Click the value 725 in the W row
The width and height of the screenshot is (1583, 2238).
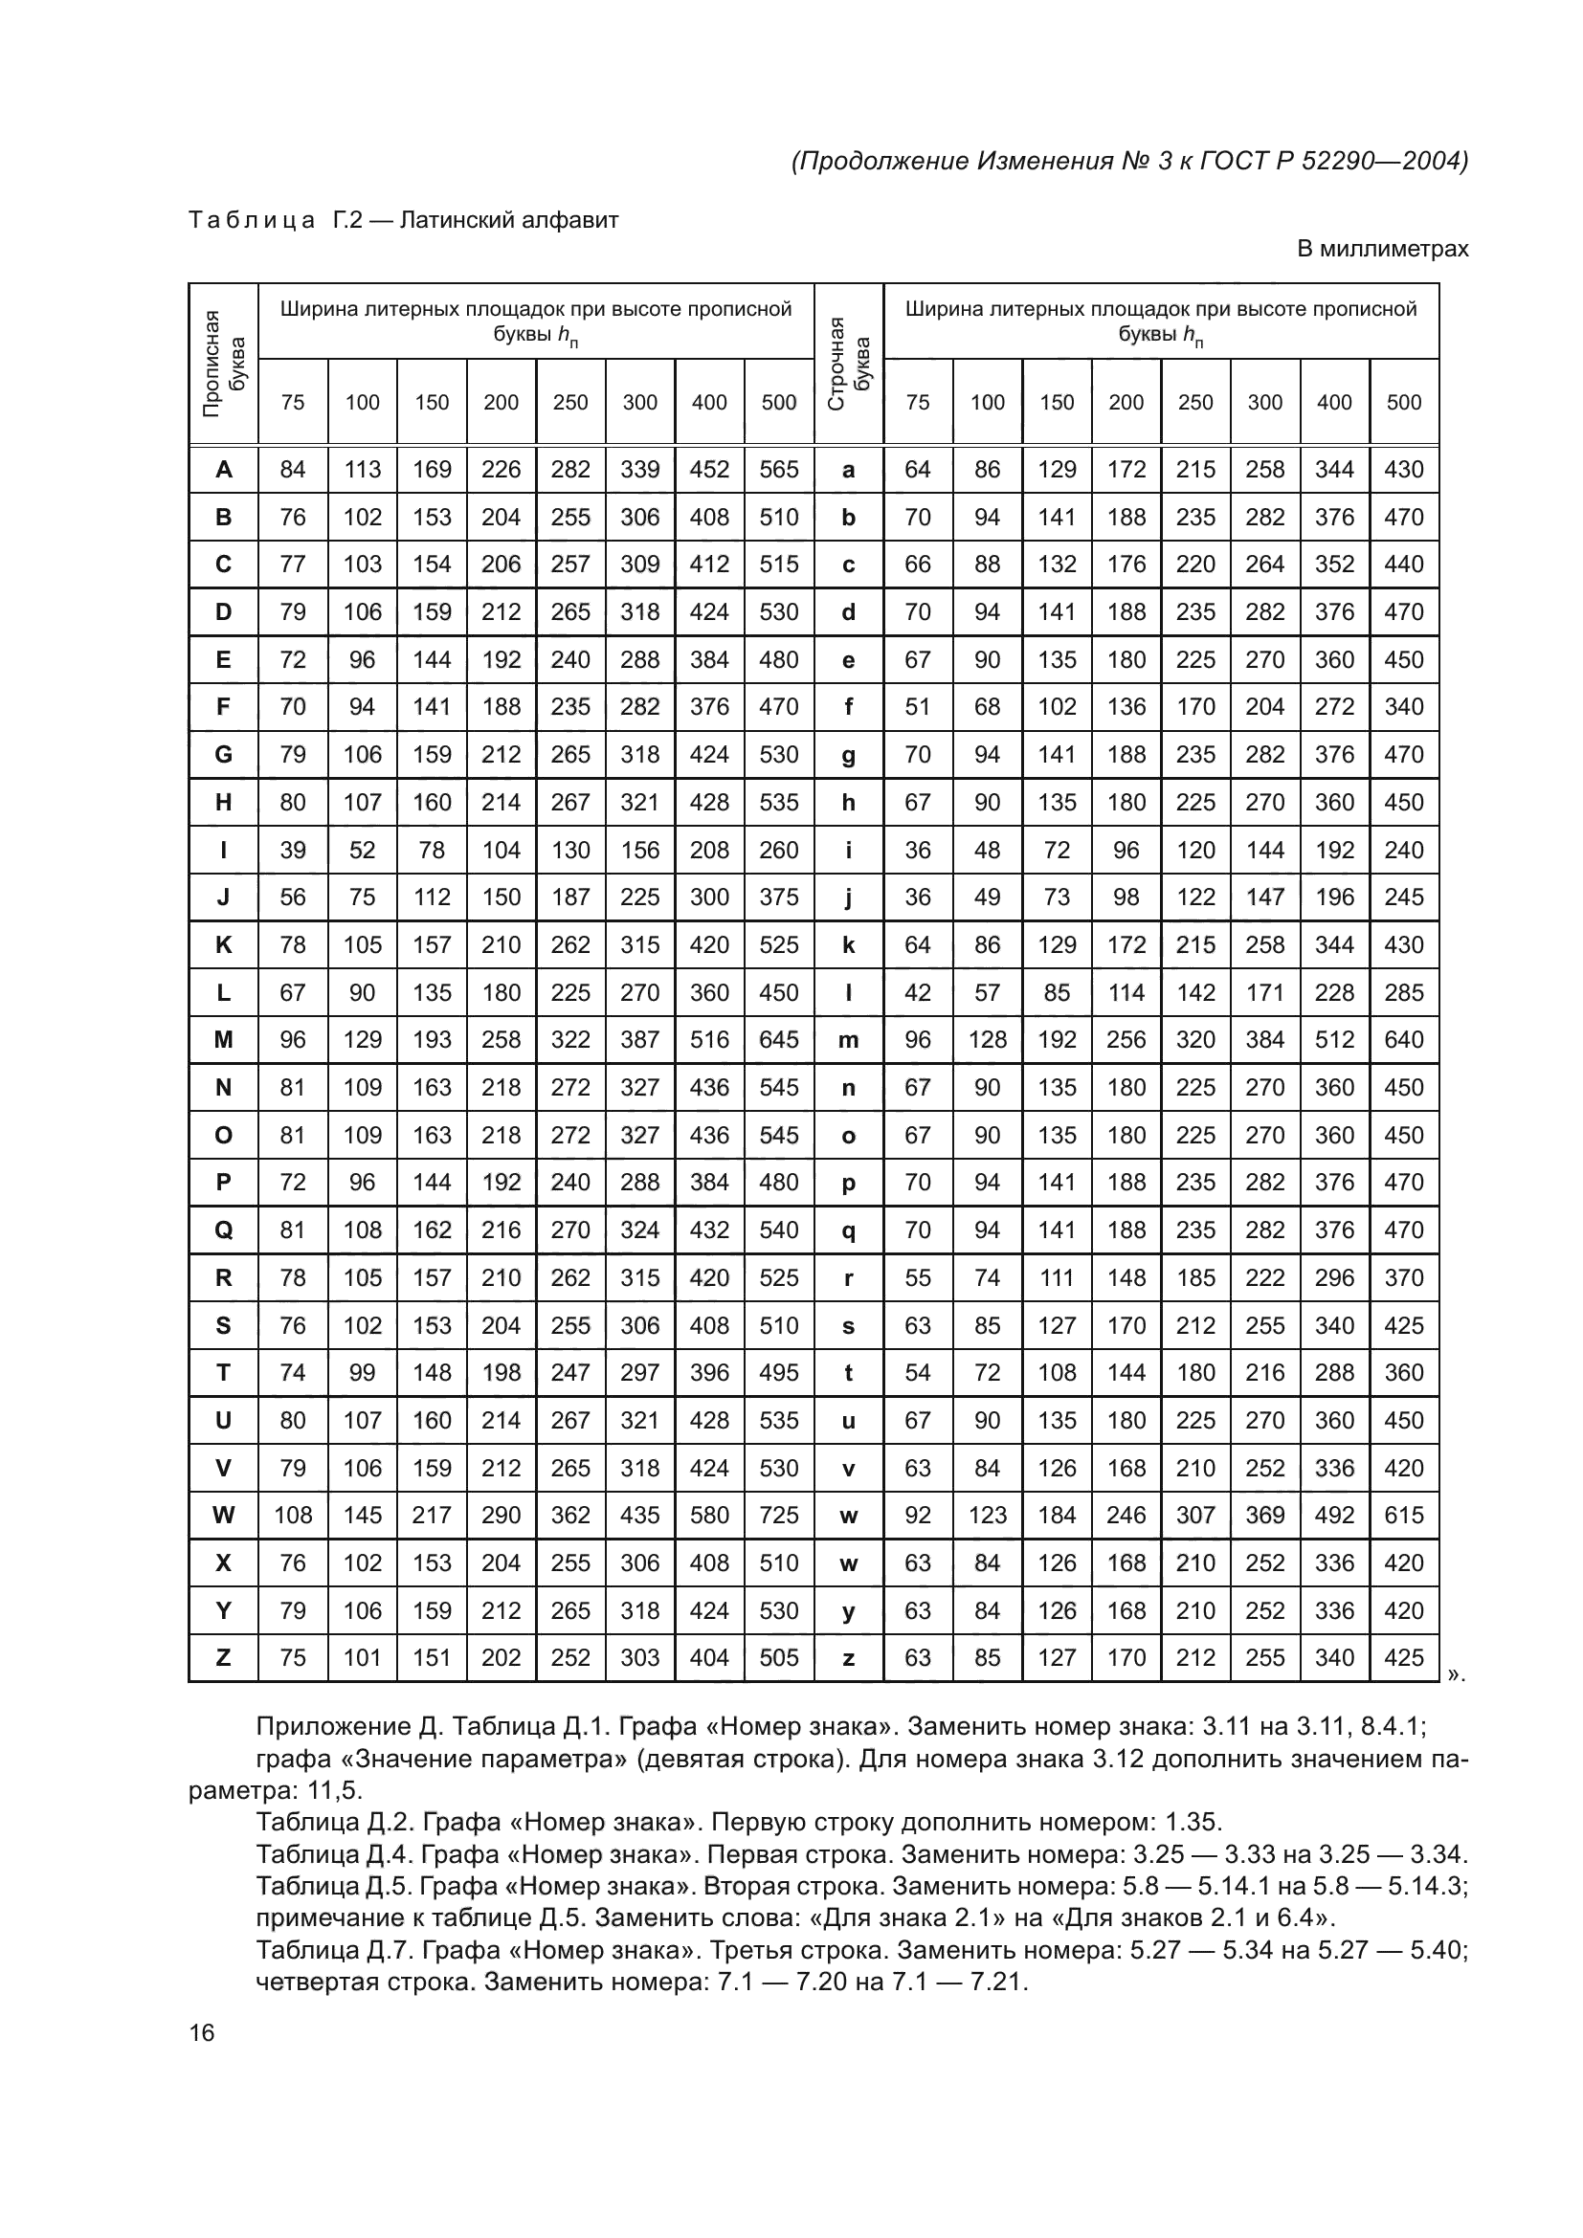coord(779,1515)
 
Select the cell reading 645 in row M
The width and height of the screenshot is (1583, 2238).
coord(779,1040)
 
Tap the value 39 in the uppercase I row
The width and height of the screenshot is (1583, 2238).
coord(293,850)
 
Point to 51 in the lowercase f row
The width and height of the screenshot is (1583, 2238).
coord(917,707)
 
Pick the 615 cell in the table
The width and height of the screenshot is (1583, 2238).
coord(1404,1515)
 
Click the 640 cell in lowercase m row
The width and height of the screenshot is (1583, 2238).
coord(1404,1040)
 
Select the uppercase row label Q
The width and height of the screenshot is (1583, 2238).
coord(223,1230)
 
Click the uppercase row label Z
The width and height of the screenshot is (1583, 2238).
coord(223,1657)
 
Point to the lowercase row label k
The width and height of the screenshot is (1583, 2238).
coord(848,944)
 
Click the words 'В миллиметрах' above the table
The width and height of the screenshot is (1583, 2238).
coord(1381,250)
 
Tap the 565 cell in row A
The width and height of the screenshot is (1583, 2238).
coord(779,470)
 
